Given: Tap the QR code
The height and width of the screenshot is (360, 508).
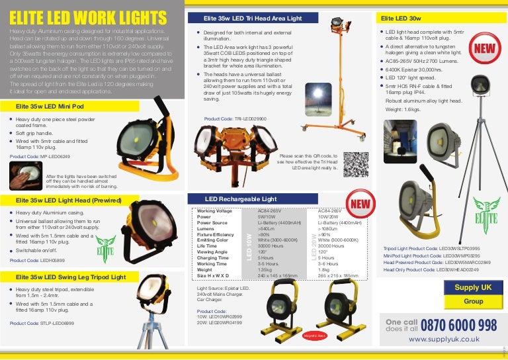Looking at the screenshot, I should coord(357,164).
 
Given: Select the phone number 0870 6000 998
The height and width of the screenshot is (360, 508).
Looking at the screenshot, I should coord(458,324).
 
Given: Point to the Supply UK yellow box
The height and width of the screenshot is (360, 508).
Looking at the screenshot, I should coord(473,287).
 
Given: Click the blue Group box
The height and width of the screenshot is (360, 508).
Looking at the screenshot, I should coord(473,301).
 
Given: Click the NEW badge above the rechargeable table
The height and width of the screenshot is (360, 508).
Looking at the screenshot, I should coord(362,204).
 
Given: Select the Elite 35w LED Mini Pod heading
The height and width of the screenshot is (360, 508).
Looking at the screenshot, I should coord(50,106).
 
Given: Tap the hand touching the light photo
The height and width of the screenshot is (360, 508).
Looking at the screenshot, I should coord(26,176).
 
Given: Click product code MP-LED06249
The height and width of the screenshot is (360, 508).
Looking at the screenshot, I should coord(40,157).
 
